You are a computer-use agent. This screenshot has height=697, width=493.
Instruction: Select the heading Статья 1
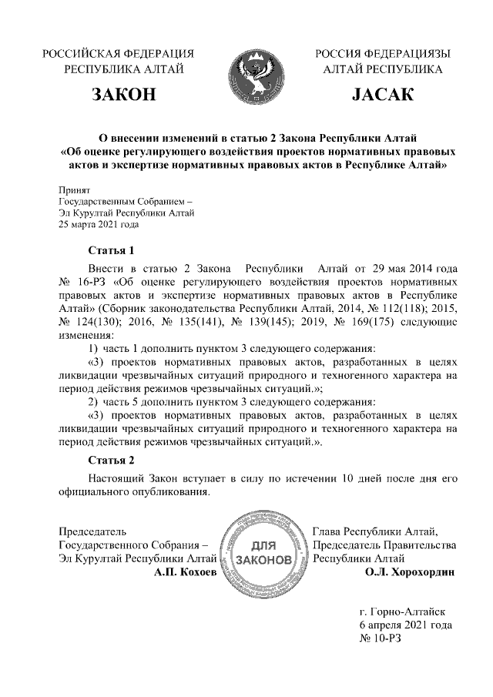(x=112, y=251)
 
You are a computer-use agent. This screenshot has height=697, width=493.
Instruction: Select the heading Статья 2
(x=112, y=461)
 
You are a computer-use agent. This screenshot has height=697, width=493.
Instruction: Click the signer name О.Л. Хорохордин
(x=410, y=572)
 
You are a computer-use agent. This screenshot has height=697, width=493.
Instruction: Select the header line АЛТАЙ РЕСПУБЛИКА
(x=383, y=69)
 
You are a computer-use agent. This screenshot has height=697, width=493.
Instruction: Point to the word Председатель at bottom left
(x=92, y=531)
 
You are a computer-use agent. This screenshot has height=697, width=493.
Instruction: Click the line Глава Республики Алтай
(x=375, y=531)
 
